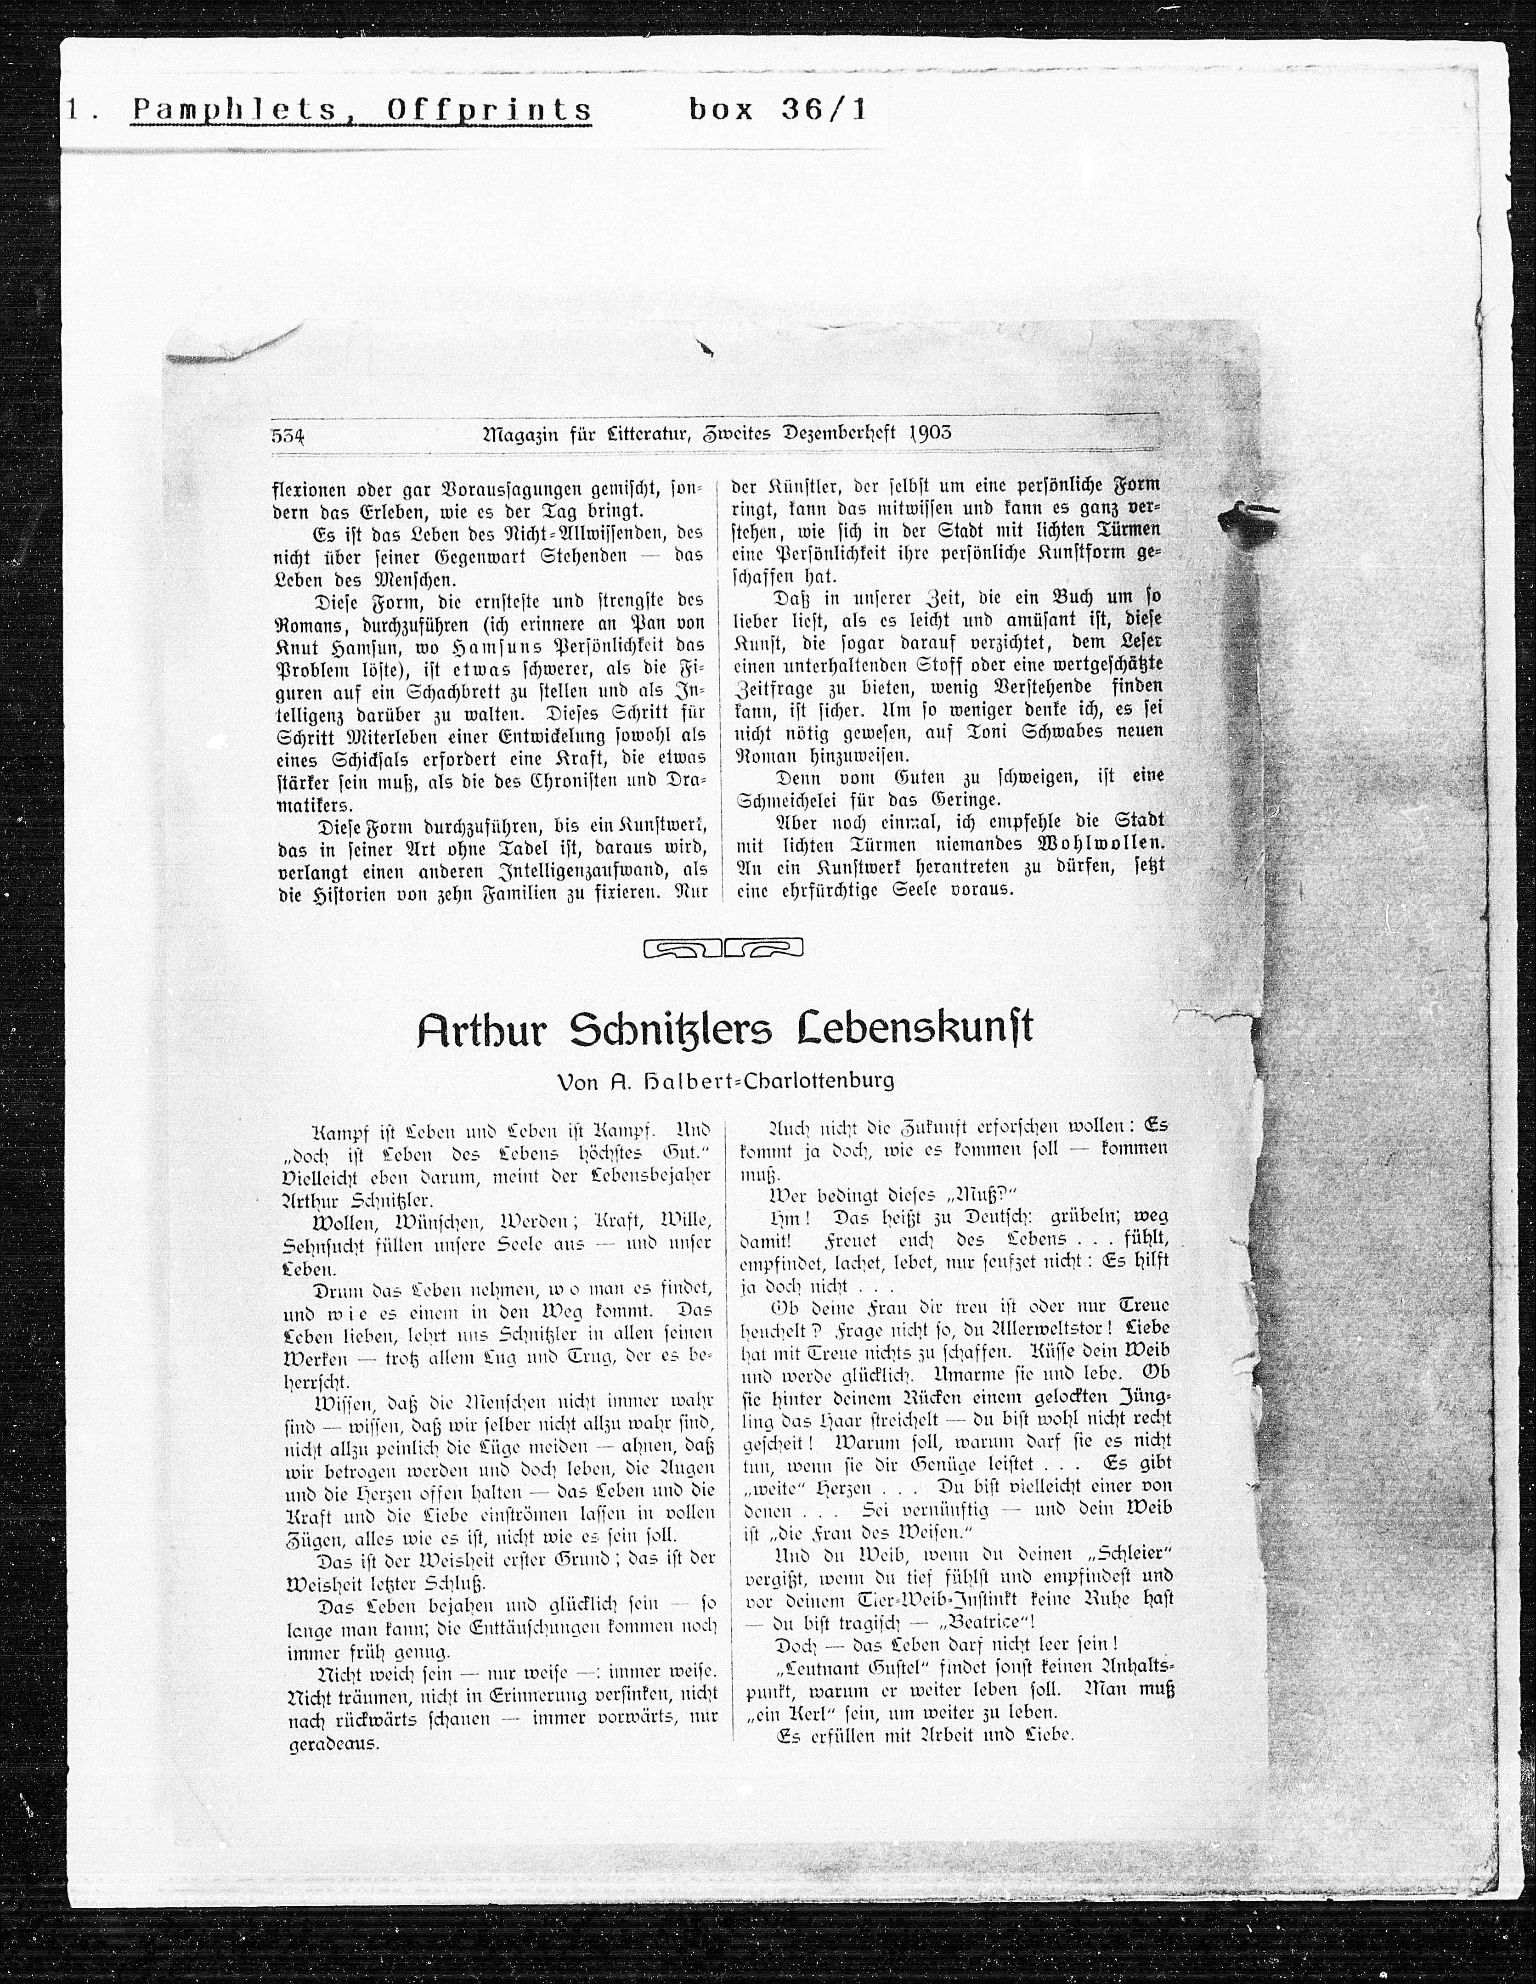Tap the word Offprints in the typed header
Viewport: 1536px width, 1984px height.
click(x=489, y=111)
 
